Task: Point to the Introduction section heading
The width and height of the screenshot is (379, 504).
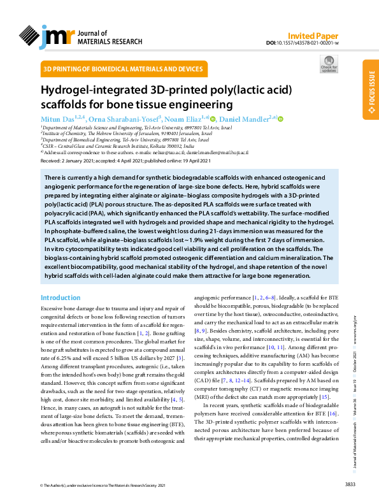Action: (x=61, y=298)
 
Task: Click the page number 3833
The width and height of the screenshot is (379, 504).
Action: (x=349, y=485)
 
